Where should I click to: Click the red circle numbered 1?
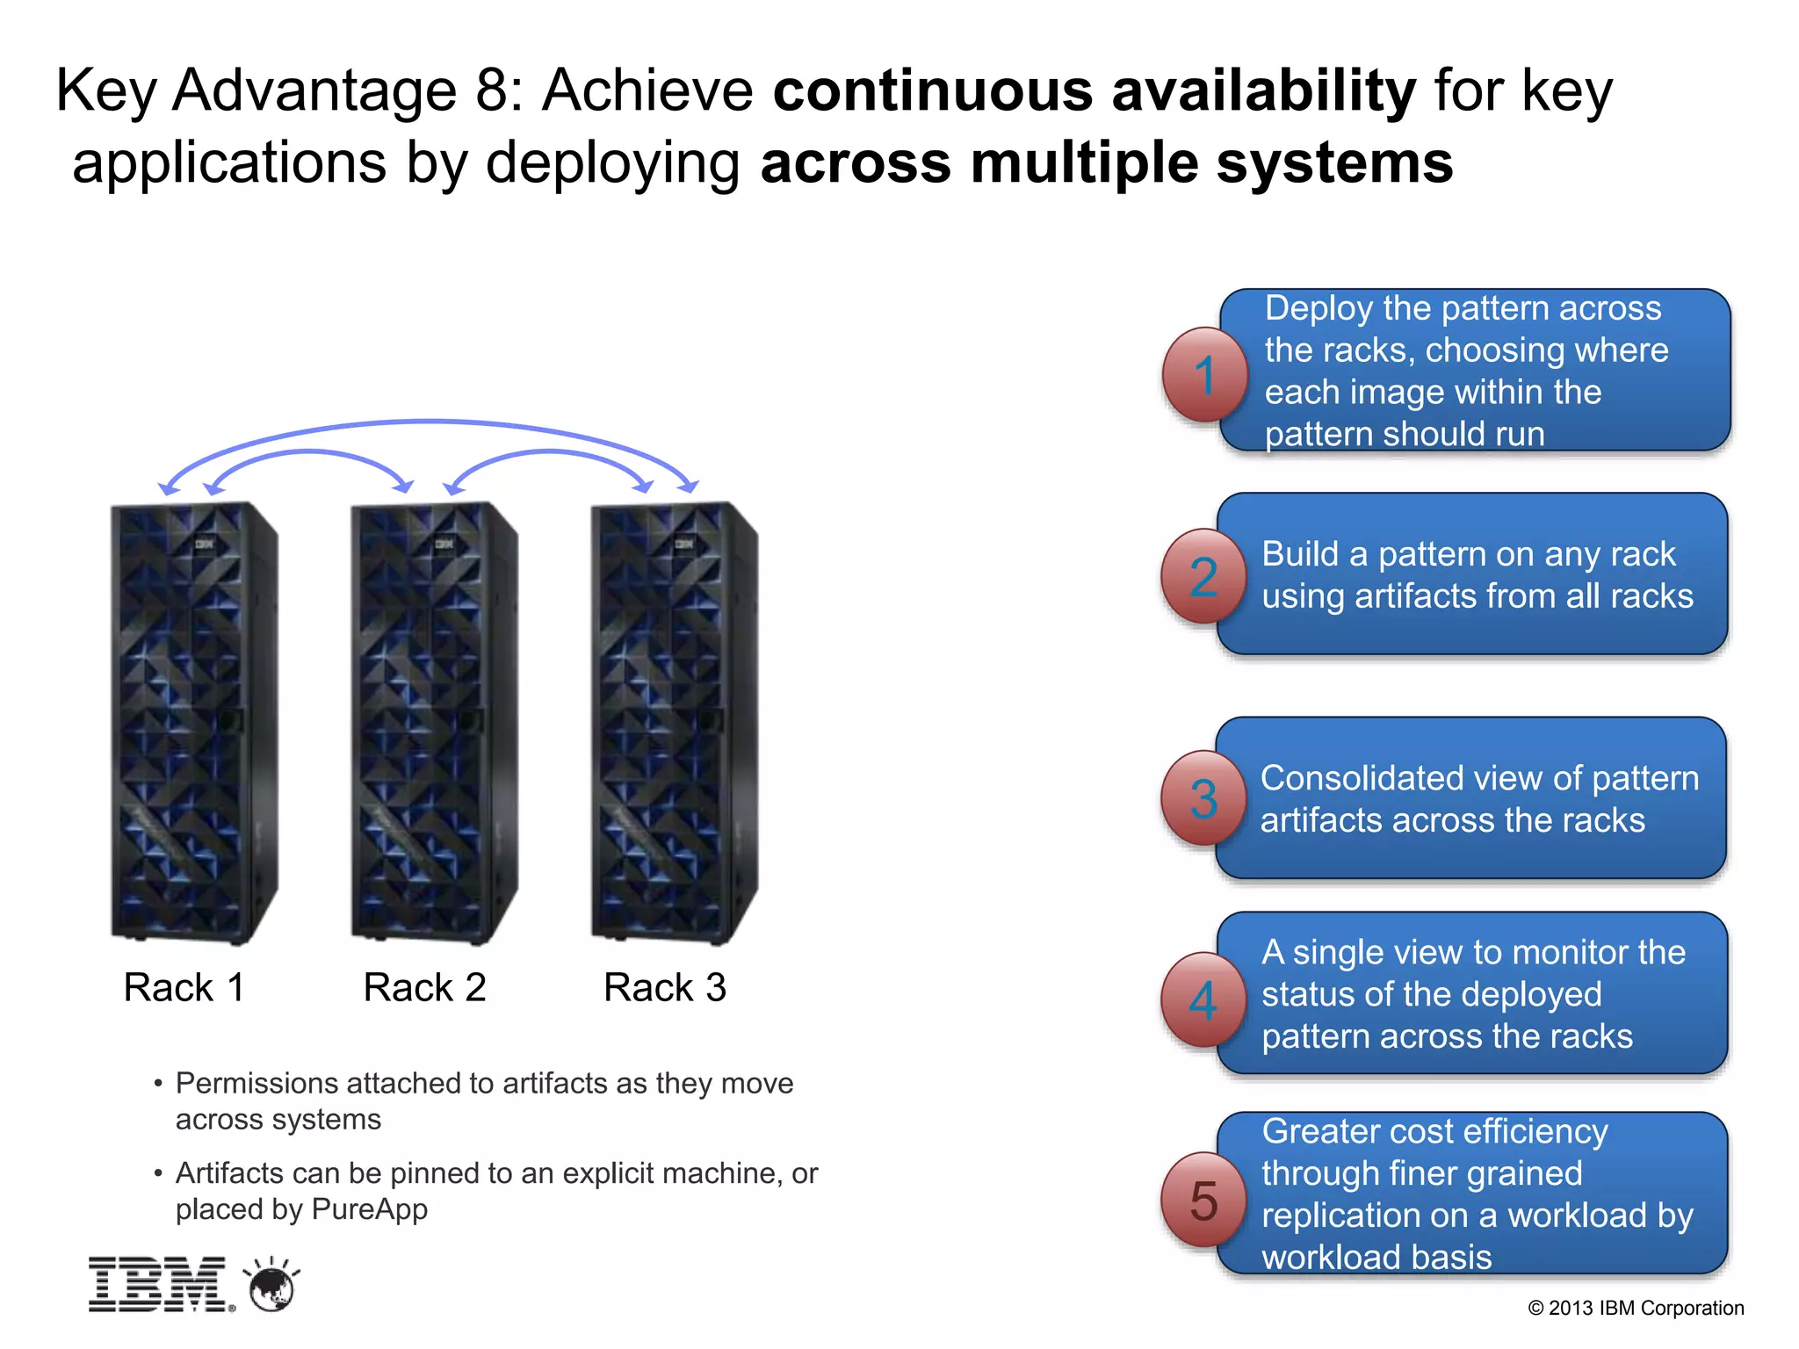[1204, 375]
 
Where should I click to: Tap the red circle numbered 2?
[1203, 576]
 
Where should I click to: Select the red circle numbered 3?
[1203, 798]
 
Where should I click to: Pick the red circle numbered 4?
[1203, 999]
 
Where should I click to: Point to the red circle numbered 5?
[1203, 1200]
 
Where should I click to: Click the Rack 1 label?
[184, 987]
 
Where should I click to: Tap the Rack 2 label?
[424, 987]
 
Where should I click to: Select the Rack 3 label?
[665, 987]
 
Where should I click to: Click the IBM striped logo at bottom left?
[159, 1285]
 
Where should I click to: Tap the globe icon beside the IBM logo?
[272, 1288]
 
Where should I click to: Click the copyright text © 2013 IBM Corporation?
[1636, 1308]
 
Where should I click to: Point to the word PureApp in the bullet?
[370, 1209]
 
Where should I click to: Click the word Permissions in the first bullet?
[255, 1084]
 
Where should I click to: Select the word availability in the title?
[1264, 90]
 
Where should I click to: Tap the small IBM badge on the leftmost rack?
[205, 545]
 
